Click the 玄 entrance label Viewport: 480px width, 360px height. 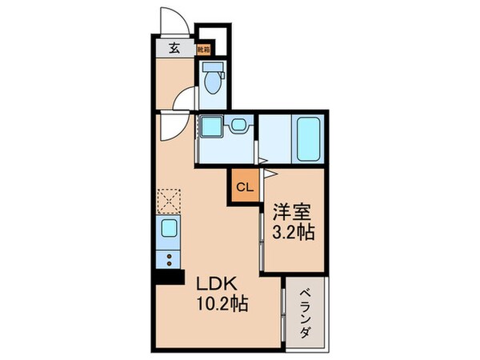coord(173,47)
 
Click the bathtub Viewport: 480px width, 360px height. coord(308,139)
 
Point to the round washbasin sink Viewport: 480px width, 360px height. coord(239,126)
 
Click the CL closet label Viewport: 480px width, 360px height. coord(245,188)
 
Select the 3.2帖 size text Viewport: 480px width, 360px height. coord(294,234)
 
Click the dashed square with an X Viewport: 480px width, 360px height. coord(170,200)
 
